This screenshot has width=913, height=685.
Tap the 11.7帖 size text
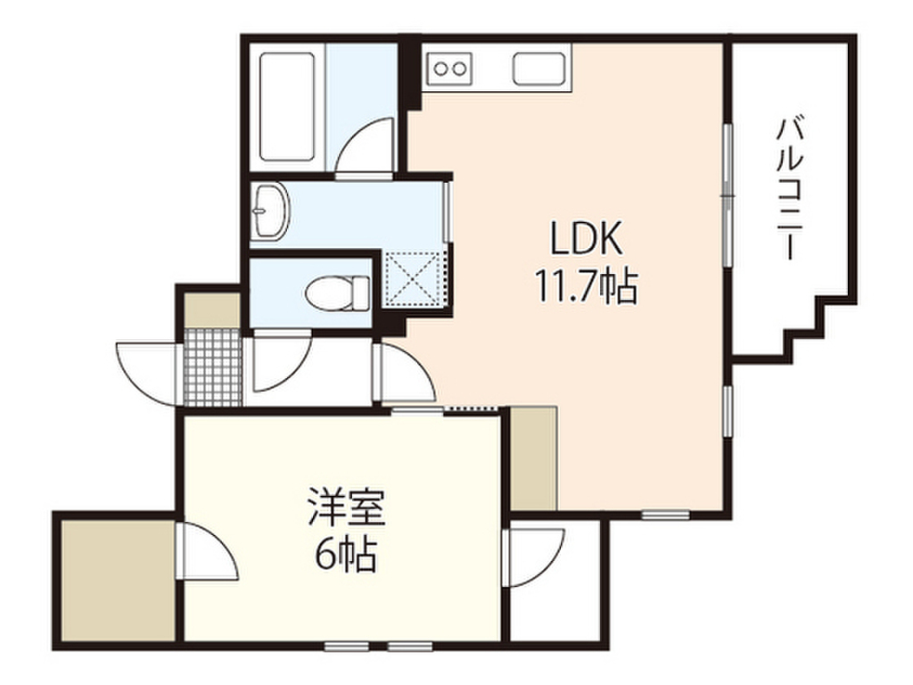coord(586,286)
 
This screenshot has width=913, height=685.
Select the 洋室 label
coord(347,507)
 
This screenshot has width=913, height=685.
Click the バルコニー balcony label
coord(790,188)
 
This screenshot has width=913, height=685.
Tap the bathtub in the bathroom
coord(288,107)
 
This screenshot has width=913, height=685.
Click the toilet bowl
coord(337,293)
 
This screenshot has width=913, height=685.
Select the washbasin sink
coord(271,211)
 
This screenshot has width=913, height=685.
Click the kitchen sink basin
coord(539,69)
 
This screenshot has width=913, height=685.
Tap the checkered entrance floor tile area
coord(212,367)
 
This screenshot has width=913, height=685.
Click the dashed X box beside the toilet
coord(415,277)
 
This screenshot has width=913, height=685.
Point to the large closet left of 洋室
coord(119,580)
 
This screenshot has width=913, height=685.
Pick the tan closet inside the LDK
coord(534,458)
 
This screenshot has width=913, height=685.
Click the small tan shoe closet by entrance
coord(212,310)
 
